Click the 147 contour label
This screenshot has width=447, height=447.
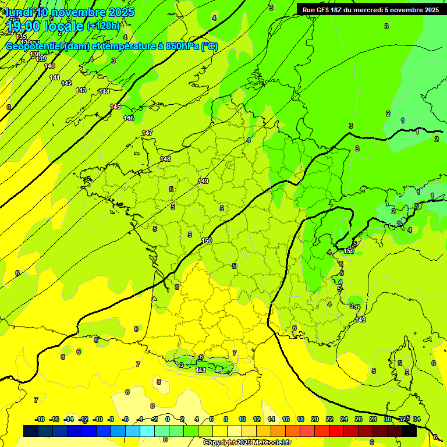click(147, 133)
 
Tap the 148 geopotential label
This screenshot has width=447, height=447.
click(165, 159)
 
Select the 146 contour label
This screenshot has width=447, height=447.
click(129, 119)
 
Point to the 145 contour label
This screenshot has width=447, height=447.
click(115, 107)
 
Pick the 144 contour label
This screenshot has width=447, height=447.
click(104, 91)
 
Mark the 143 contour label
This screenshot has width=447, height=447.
click(81, 90)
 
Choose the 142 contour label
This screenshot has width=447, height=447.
click(66, 84)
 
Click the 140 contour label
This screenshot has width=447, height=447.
click(49, 66)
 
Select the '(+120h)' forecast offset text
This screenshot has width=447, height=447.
click(103, 26)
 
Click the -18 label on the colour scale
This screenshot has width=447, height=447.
click(40, 419)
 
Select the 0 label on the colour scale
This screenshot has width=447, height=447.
click(168, 419)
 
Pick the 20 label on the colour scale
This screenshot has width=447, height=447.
click(314, 419)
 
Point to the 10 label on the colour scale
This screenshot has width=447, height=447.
click(242, 419)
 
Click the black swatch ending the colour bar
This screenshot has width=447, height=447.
click(409, 431)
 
